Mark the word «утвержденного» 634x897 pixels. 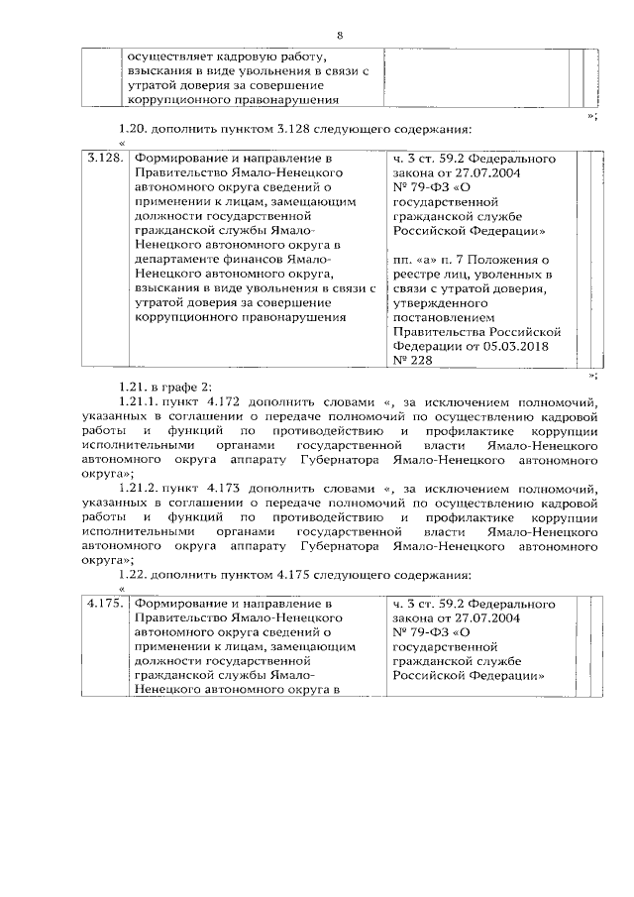tap(438, 300)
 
